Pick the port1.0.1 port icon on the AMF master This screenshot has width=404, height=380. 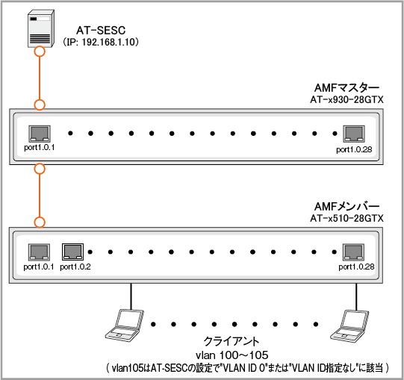coord(39,134)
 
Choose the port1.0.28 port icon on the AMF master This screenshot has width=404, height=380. coord(353,134)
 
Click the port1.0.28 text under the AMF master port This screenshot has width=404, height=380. coord(353,149)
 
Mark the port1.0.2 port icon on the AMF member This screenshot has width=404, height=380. coord(73,252)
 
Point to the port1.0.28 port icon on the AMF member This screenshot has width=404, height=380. coord(353,252)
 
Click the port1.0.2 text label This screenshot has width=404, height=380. coord(75,267)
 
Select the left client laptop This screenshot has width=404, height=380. coord(123,323)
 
